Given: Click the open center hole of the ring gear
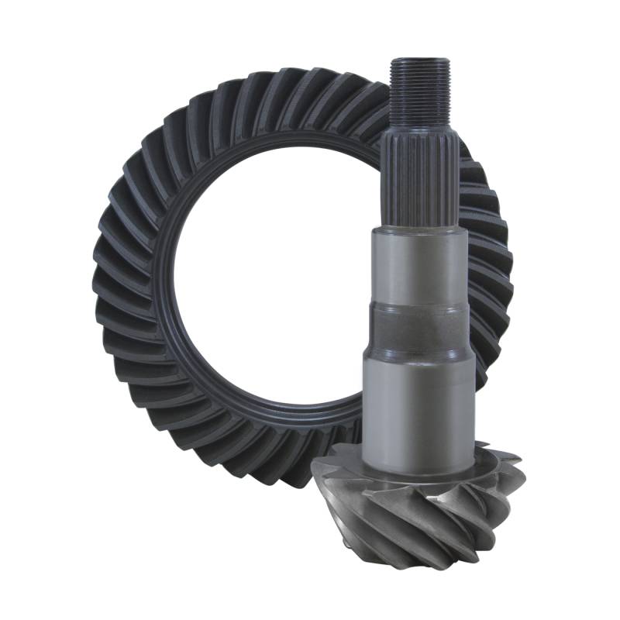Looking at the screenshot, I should pyautogui.click(x=263, y=279).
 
